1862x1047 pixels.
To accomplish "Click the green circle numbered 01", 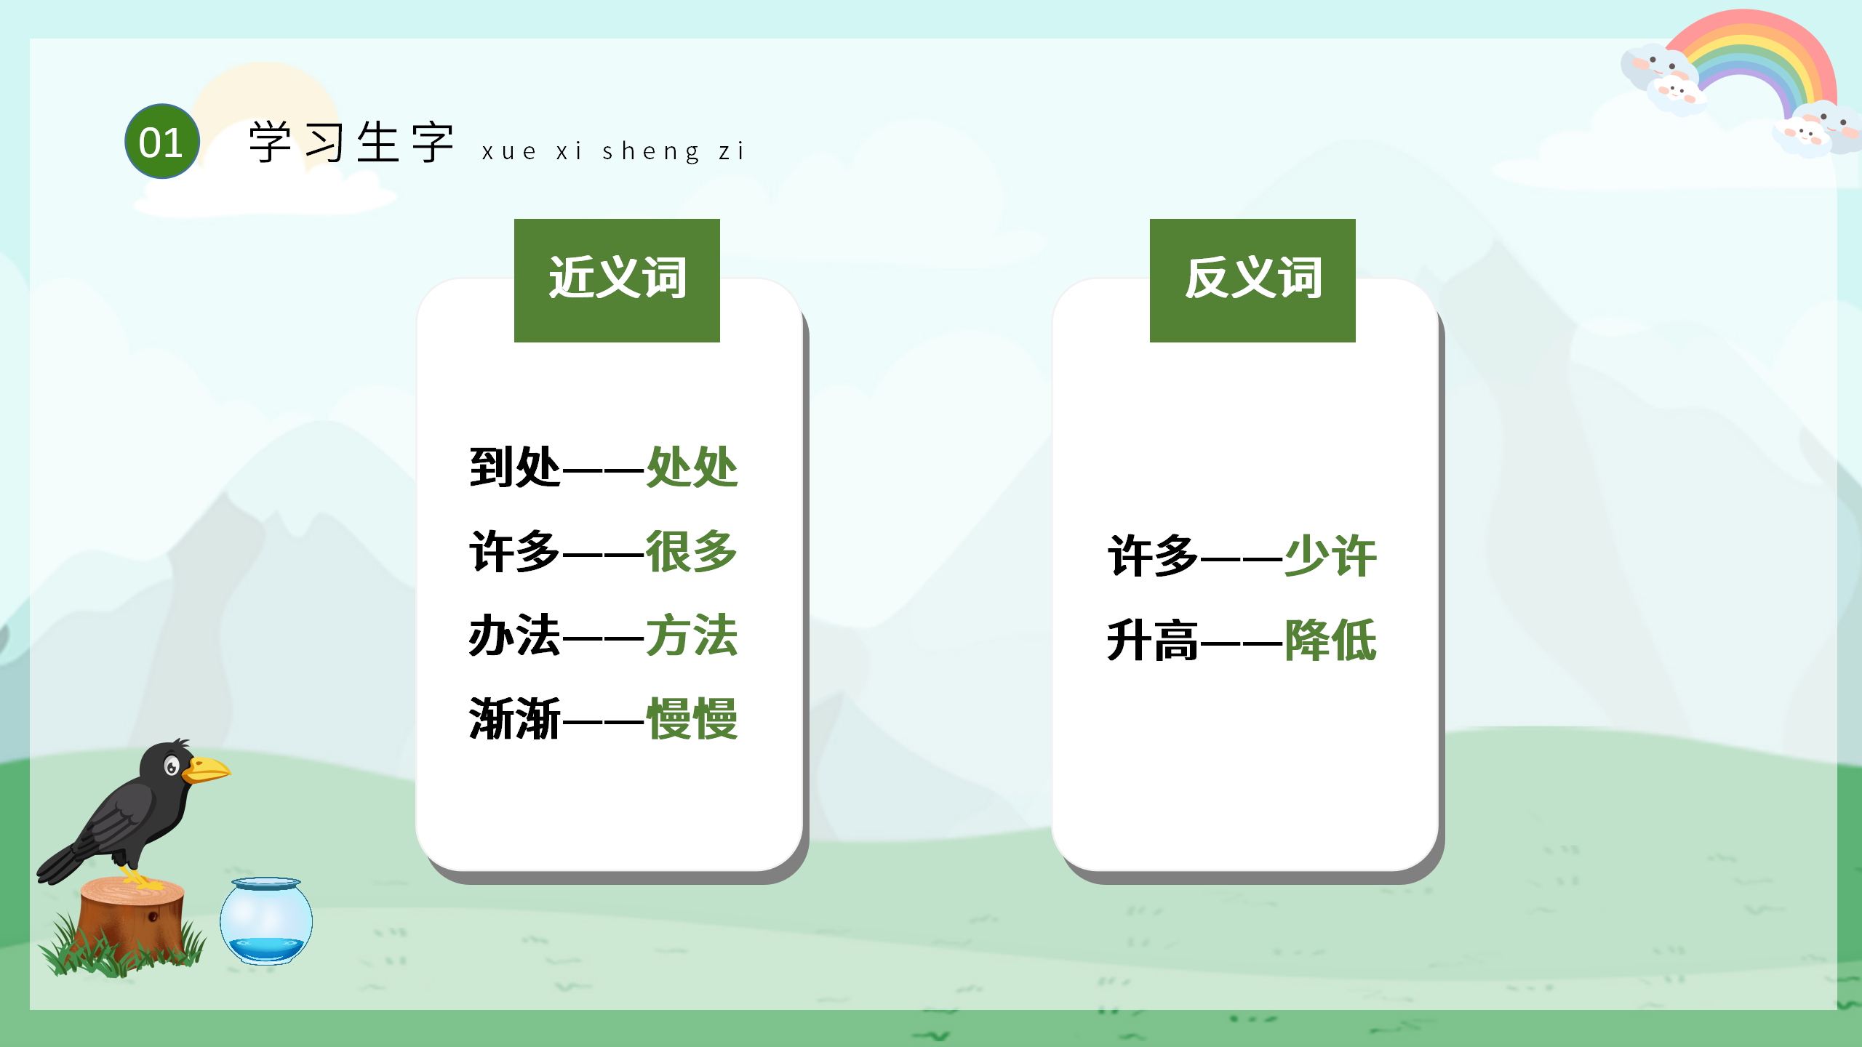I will click(x=161, y=142).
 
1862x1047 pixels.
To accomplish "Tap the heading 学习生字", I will click(x=351, y=143).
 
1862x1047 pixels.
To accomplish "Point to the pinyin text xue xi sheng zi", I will click(x=612, y=151).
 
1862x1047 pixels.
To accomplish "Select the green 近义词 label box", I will click(x=617, y=280).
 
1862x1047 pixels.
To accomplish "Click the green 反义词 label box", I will click(x=1252, y=280).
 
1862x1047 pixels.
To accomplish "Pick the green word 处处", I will click(x=692, y=467).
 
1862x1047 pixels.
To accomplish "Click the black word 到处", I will click(x=515, y=467).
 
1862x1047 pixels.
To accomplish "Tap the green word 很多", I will click(x=692, y=551).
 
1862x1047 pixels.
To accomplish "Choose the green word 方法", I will click(x=692, y=635).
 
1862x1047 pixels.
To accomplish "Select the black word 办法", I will click(x=515, y=635).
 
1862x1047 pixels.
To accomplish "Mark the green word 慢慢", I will click(x=692, y=719).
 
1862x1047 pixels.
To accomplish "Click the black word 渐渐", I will click(x=515, y=719).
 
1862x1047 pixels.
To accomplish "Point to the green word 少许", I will click(x=1330, y=556).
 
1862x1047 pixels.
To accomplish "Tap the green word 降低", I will click(x=1330, y=641).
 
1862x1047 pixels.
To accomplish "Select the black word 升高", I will click(x=1152, y=641).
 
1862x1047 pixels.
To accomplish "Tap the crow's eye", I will click(x=172, y=766).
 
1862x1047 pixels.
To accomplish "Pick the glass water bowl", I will click(x=266, y=921).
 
